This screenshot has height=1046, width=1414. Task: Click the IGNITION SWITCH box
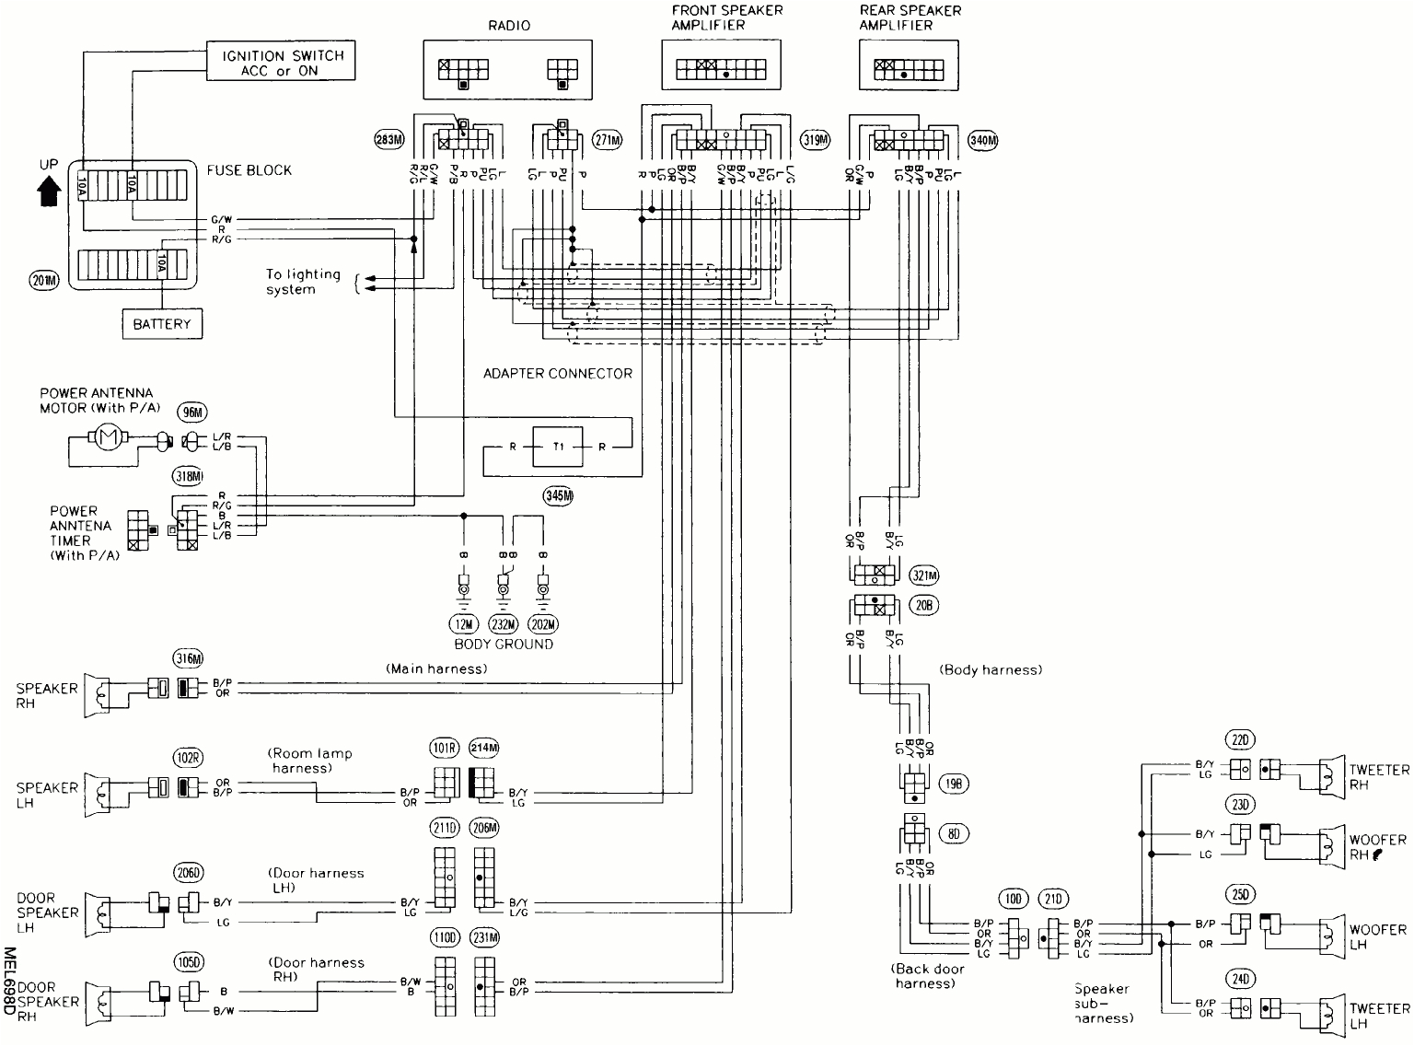(x=282, y=63)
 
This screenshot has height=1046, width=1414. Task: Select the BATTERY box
(x=162, y=324)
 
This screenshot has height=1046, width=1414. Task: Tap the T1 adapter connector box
(x=558, y=447)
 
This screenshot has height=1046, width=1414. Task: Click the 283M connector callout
(x=390, y=140)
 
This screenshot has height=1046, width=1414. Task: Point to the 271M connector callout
(x=608, y=140)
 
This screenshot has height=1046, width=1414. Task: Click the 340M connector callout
(x=983, y=140)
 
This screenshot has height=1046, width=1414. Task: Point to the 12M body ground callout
(x=465, y=624)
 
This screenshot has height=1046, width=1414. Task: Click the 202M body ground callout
(x=543, y=624)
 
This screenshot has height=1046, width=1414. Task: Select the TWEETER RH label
(x=1379, y=776)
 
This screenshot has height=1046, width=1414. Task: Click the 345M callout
(x=558, y=495)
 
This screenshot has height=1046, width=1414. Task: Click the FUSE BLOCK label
(x=249, y=170)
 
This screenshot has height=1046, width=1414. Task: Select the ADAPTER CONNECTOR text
(x=558, y=373)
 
